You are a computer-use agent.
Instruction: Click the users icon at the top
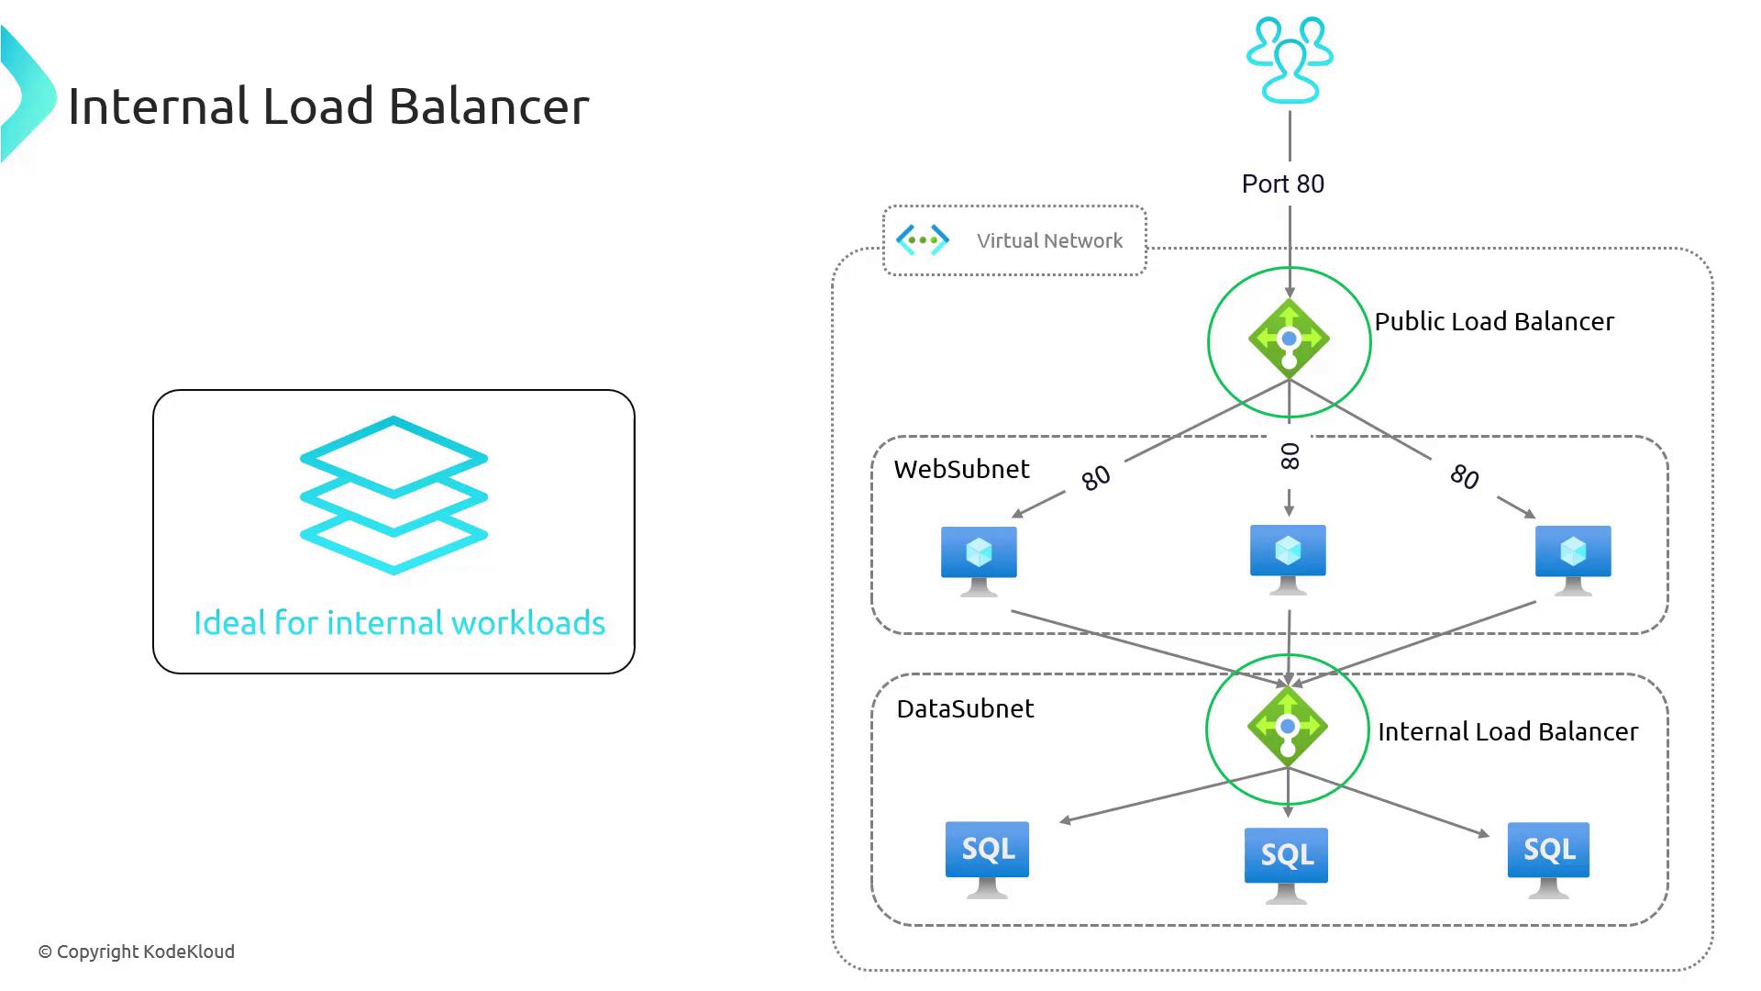(x=1290, y=61)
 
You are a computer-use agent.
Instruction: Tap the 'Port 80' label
(x=1282, y=184)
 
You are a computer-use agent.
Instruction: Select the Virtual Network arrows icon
(x=922, y=240)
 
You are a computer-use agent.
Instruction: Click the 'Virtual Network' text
(x=1049, y=241)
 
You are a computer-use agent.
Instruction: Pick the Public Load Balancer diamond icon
(x=1289, y=340)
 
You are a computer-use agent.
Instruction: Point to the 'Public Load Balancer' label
(x=1494, y=322)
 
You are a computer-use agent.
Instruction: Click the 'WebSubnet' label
(x=961, y=470)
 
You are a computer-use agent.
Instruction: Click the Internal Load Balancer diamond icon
(x=1288, y=727)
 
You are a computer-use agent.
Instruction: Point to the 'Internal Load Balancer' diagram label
(x=1508, y=732)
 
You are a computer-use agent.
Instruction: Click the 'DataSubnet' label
(x=965, y=709)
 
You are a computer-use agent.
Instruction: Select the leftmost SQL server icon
(x=987, y=858)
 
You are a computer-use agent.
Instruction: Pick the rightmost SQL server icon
(x=1548, y=859)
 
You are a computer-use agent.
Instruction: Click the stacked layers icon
(x=393, y=495)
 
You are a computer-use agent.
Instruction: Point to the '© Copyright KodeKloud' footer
(x=137, y=952)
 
